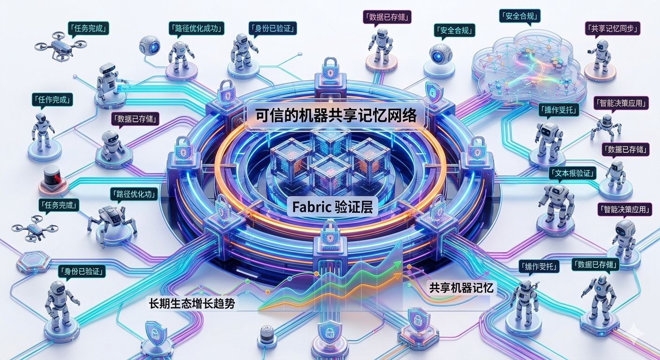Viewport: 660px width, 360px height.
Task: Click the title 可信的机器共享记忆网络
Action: (x=336, y=116)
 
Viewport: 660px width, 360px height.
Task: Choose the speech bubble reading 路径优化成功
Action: (x=196, y=28)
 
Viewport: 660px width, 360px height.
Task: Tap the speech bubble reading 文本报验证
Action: (x=572, y=173)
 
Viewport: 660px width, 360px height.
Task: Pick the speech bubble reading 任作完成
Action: (x=52, y=99)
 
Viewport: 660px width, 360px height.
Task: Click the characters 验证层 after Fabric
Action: (x=354, y=207)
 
